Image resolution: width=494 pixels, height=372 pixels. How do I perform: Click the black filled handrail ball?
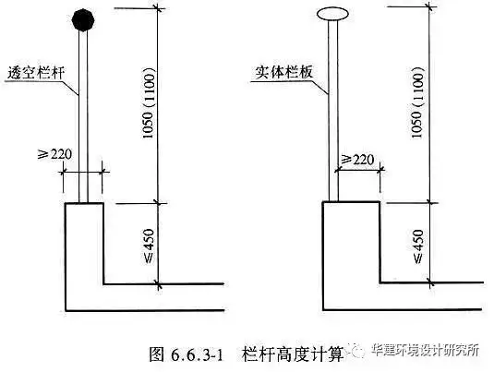pos(83,20)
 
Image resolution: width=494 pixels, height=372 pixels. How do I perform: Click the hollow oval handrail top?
pos(332,14)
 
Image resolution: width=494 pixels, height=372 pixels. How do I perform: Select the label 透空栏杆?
pos(36,73)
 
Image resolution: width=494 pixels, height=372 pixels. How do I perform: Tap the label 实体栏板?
pos(284,72)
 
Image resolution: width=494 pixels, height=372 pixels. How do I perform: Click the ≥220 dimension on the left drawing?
pos(54,154)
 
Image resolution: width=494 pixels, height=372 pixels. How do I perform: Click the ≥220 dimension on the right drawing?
pos(357,160)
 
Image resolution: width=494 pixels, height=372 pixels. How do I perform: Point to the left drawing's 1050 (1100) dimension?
pos(149,102)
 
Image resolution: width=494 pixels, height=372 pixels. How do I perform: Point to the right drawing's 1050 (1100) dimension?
pos(416,102)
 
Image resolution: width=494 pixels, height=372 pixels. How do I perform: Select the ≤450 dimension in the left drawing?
pos(149,246)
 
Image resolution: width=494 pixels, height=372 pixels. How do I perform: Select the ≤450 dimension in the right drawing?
pos(417,246)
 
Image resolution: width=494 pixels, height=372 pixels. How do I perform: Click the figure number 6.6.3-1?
pos(198,355)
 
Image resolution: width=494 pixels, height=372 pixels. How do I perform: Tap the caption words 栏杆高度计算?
pos(293,354)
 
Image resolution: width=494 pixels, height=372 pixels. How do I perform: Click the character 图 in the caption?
pos(157,354)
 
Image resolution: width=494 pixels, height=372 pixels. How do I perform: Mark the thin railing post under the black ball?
pos(83,116)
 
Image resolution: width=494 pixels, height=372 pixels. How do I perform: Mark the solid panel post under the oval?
pos(333,111)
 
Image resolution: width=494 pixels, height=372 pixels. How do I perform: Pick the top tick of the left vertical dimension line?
pos(159,7)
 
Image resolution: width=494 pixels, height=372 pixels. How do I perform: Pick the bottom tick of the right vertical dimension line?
pos(430,282)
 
